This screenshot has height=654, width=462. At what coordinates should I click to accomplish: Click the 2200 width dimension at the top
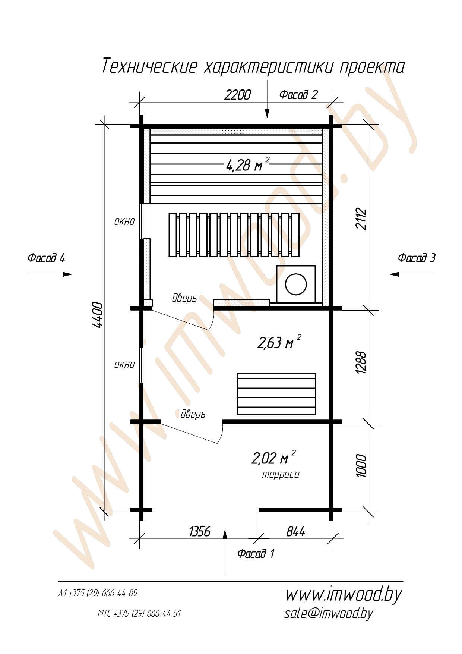(x=238, y=95)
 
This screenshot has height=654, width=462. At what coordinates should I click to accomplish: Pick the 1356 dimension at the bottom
(x=200, y=531)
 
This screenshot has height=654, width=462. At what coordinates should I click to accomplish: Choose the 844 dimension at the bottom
(x=295, y=531)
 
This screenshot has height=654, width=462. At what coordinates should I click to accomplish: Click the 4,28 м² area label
(x=247, y=164)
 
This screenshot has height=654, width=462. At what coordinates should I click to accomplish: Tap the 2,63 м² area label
(x=279, y=342)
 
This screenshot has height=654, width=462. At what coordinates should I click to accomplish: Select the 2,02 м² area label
(x=274, y=457)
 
